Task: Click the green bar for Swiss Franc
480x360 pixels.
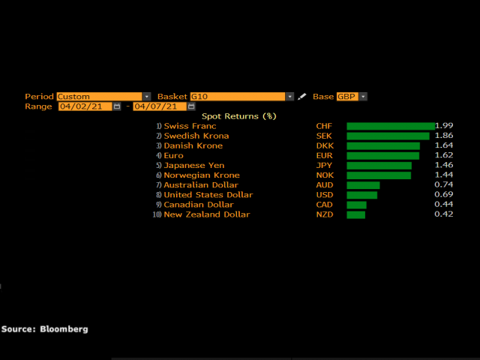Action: [390, 126]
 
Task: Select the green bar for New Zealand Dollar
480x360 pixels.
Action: [355, 214]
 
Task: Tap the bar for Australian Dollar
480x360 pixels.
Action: [363, 185]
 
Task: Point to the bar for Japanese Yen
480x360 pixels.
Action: [379, 165]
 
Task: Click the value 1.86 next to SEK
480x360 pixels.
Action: [443, 136]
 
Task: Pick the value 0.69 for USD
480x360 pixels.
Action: [443, 195]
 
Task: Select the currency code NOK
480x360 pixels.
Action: [325, 175]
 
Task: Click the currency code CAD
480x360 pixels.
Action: [325, 205]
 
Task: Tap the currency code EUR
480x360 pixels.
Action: [324, 155]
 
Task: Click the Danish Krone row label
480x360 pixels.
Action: [193, 145]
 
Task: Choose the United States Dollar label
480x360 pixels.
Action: [208, 195]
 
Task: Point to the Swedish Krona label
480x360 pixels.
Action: [196, 136]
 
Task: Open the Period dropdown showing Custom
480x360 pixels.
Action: [103, 97]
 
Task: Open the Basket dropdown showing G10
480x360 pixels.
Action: [241, 97]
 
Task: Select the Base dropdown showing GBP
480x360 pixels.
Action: [352, 97]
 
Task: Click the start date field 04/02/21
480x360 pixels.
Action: [85, 106]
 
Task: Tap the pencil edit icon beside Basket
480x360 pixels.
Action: [302, 97]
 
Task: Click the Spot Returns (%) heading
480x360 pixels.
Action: [239, 116]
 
